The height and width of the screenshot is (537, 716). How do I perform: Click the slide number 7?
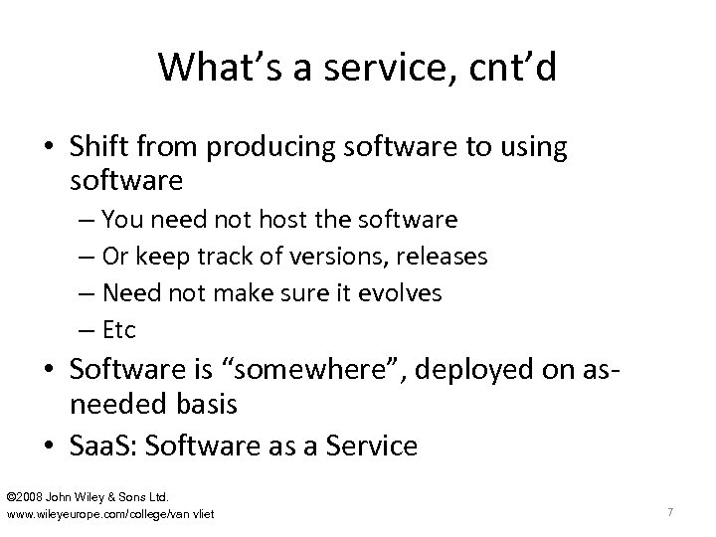(x=671, y=511)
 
